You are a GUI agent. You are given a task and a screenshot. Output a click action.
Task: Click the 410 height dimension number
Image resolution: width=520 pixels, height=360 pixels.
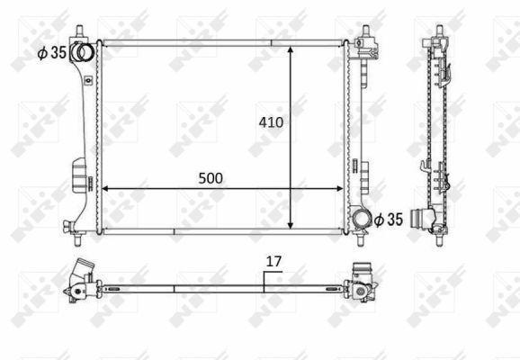[x=271, y=122]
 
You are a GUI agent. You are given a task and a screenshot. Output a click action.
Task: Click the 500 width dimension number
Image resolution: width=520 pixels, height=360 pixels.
[x=211, y=178]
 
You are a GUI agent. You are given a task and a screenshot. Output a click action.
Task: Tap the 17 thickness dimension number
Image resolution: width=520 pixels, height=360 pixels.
[x=273, y=262]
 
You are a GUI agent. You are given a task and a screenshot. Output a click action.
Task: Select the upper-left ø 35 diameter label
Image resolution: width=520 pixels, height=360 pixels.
[x=52, y=52]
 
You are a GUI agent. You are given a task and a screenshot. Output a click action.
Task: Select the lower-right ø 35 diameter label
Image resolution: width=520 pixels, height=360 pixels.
[x=389, y=220]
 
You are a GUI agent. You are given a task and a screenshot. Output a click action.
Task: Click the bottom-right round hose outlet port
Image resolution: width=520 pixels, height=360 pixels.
[x=361, y=219]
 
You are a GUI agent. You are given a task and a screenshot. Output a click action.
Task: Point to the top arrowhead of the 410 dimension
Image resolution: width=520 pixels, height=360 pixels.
[x=291, y=50]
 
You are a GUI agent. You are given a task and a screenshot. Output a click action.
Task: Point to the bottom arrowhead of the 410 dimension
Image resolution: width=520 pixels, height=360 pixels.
[x=291, y=225]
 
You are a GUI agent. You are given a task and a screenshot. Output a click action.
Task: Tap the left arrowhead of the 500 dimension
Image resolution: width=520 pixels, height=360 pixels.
[x=105, y=189]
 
